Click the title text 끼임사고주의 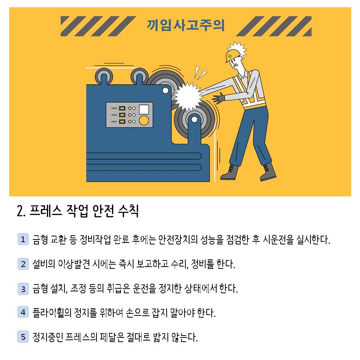point(186,26)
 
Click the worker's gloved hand point(219,99)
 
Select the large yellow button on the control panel point(144,121)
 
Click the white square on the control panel point(144,109)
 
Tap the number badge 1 point(23,239)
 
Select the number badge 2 point(23,264)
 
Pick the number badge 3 point(23,289)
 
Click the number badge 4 point(23,312)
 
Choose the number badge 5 point(23,337)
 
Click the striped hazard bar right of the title point(273,26)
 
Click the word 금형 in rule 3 point(40,289)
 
